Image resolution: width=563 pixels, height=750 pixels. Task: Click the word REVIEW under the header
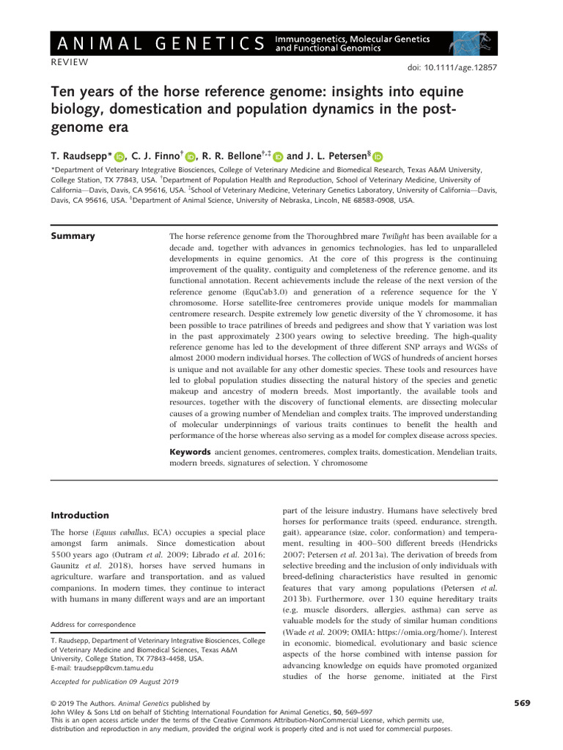[x=70, y=62]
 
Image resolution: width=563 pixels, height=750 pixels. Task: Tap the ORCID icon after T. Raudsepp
[x=120, y=156]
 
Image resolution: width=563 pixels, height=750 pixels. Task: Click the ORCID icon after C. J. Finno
[x=191, y=156]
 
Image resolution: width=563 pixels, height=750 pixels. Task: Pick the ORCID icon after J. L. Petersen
[x=378, y=156]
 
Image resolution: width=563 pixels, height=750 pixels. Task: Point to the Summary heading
[x=72, y=236]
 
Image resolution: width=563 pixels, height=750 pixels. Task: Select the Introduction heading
[x=79, y=515]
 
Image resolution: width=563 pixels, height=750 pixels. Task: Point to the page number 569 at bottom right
[x=521, y=703]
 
